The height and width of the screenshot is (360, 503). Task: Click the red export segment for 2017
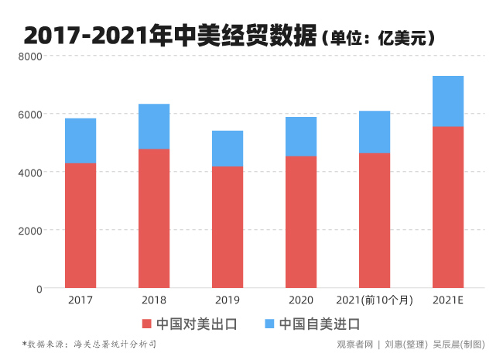click(x=80, y=225)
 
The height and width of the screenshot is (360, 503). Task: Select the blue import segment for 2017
click(x=80, y=141)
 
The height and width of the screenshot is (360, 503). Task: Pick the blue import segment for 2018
click(x=154, y=126)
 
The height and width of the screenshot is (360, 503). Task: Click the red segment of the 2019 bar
click(x=228, y=227)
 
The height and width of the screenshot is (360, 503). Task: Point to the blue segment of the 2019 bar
click(x=228, y=149)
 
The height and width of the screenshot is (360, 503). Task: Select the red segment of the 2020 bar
click(x=301, y=222)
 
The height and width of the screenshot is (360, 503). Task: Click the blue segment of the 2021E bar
click(x=448, y=101)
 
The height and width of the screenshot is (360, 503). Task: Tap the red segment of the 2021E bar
click(x=448, y=207)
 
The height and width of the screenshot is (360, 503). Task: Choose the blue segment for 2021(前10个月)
click(x=375, y=132)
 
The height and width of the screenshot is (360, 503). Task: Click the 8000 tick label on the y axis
click(x=30, y=57)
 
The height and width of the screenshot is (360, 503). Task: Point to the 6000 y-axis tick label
click(x=30, y=115)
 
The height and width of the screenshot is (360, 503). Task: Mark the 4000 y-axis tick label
click(x=30, y=173)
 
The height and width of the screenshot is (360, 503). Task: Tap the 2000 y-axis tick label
click(x=30, y=231)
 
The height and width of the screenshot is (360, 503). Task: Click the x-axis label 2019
click(x=228, y=300)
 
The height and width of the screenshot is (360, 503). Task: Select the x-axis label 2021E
click(x=448, y=300)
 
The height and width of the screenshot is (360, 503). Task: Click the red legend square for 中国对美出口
click(x=147, y=324)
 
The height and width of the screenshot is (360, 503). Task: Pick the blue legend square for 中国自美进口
click(x=270, y=324)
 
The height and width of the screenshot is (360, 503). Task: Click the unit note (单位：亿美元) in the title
click(x=378, y=37)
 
